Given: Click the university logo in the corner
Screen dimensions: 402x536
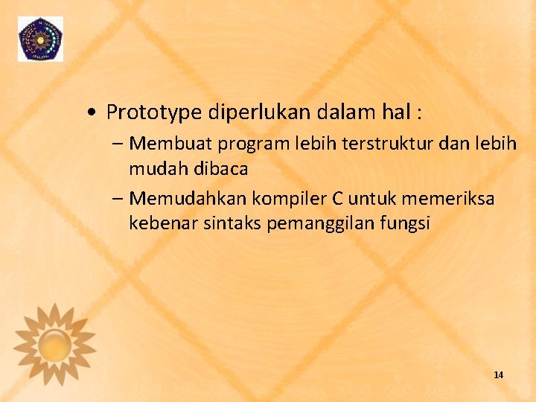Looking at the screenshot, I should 41,39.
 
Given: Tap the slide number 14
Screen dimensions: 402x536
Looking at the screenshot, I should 498,375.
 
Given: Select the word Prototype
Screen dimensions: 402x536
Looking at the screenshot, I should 154,112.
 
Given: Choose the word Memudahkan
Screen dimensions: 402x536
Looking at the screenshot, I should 189,199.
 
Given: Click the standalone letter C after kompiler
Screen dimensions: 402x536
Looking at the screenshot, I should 334,199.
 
